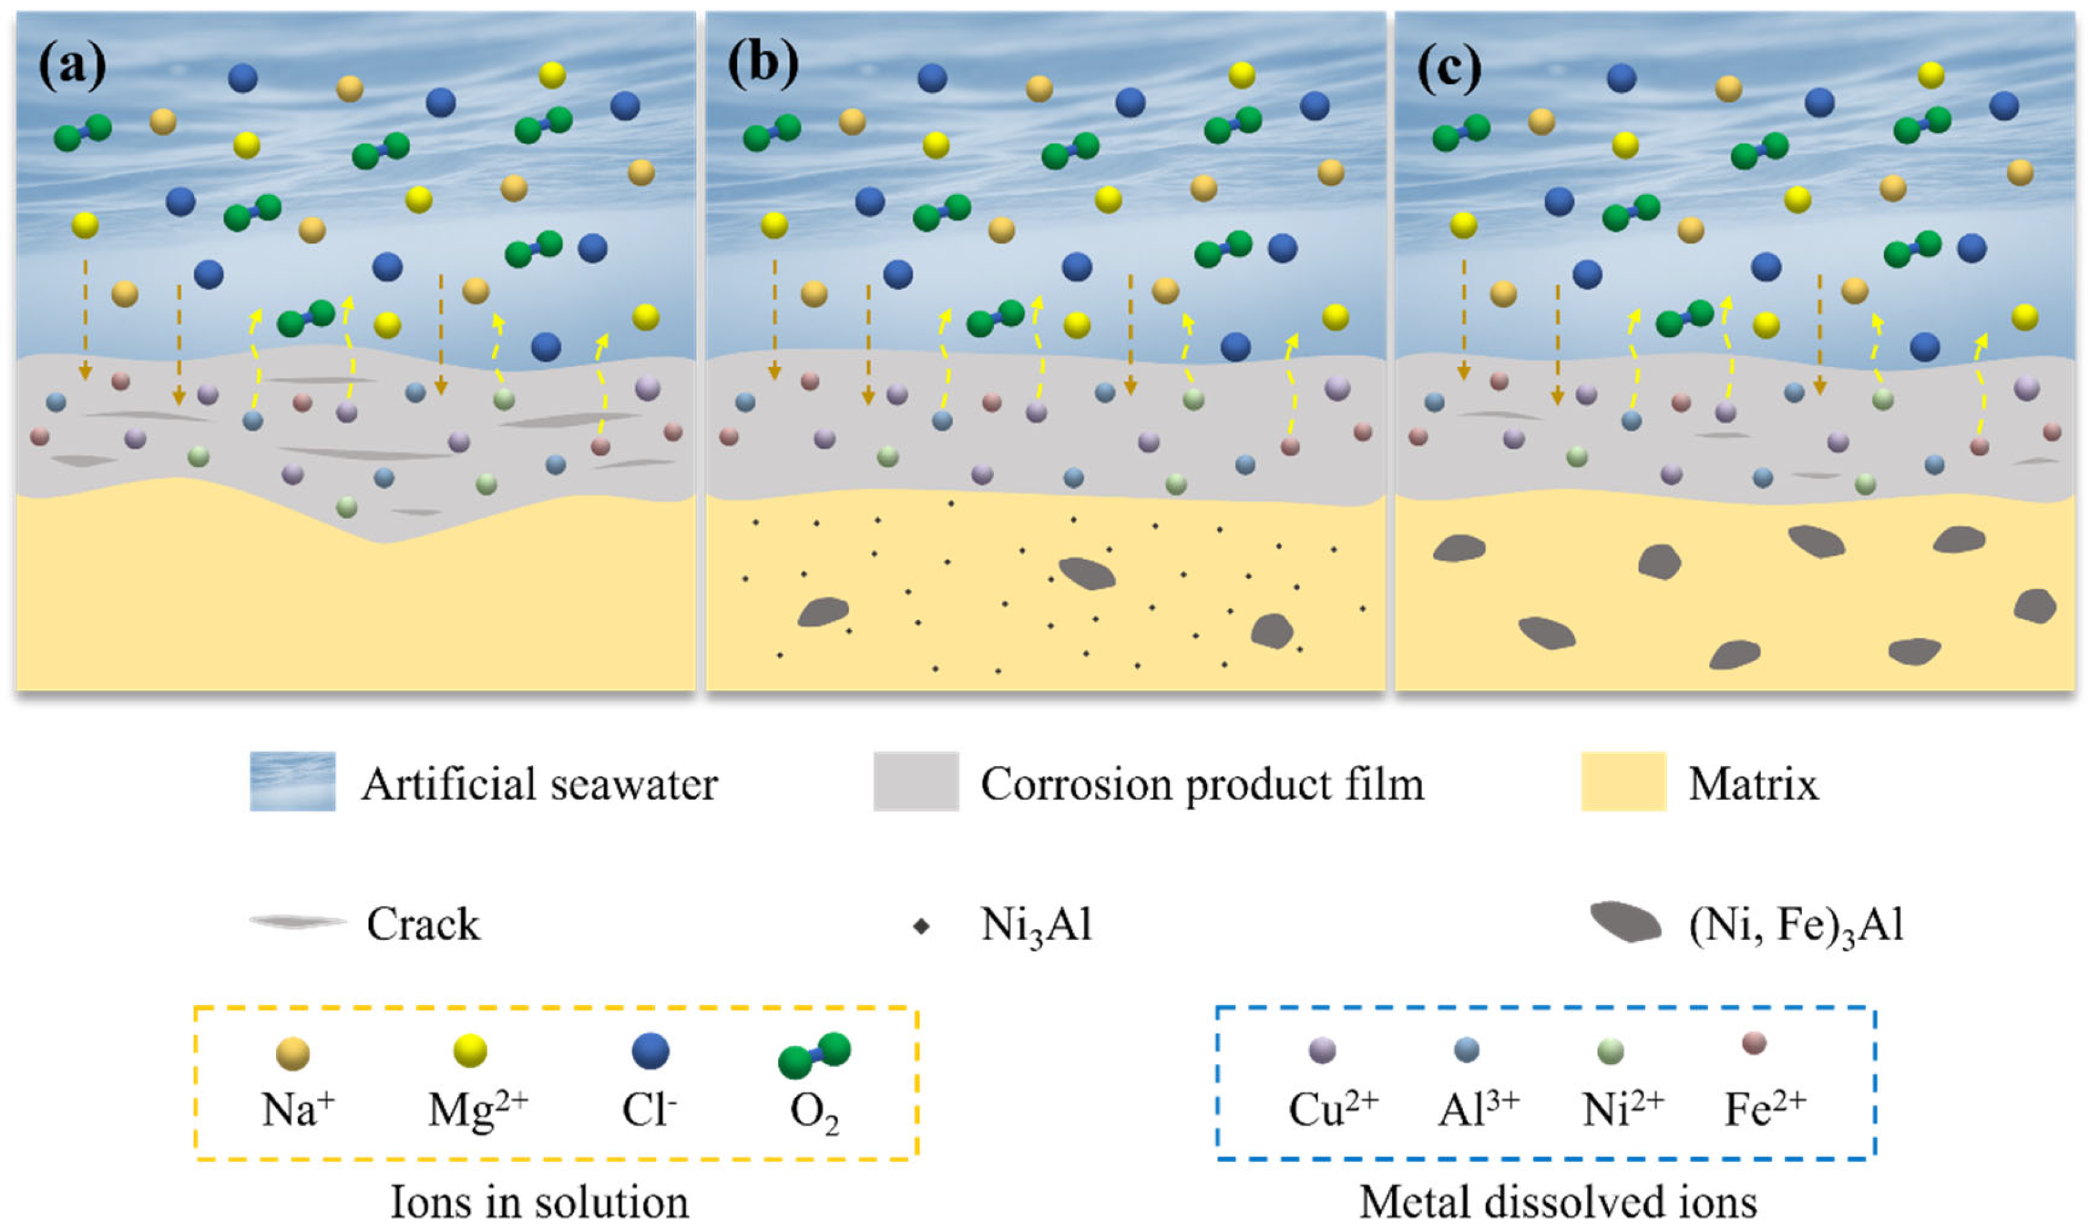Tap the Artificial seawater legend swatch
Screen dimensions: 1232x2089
coord(293,781)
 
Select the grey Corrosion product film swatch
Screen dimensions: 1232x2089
coord(916,781)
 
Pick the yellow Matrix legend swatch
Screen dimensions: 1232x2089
coord(1623,781)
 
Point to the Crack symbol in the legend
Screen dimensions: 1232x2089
coord(297,923)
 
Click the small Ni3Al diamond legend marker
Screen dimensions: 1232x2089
coord(920,926)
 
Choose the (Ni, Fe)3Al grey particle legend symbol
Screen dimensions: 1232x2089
coord(1626,923)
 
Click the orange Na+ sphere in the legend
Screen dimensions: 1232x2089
coord(293,1053)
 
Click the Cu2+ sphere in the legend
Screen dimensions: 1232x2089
coord(1322,1050)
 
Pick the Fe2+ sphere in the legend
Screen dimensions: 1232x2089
coord(1754,1043)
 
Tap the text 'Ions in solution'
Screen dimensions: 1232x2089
coord(540,1202)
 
